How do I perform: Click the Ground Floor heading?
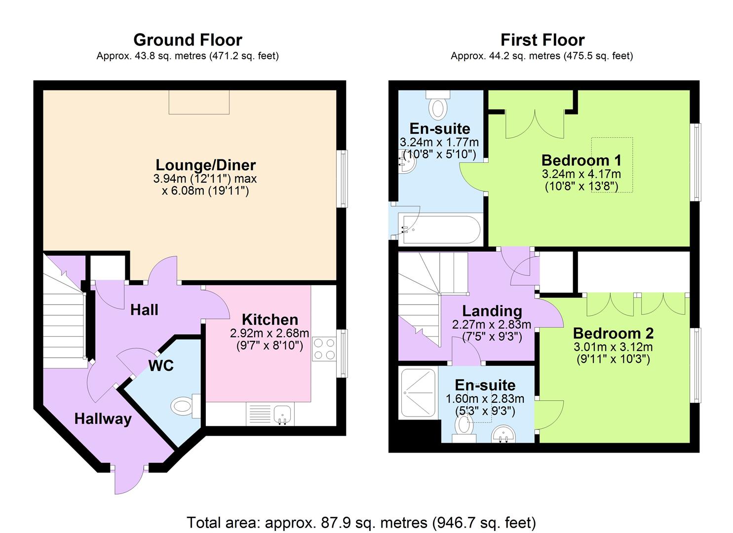188,40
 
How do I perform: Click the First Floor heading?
542,40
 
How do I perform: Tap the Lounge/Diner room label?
205,165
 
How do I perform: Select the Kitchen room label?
270,319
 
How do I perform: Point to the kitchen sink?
283,414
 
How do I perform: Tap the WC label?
161,366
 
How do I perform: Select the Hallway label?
103,419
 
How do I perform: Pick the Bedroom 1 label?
581,160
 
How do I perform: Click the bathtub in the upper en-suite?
440,229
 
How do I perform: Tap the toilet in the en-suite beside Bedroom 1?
438,105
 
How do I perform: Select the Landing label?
492,311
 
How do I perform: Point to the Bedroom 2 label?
613,333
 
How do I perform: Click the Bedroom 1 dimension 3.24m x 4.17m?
581,174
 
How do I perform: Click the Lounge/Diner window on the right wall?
342,179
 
